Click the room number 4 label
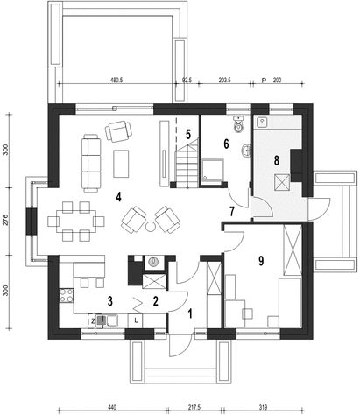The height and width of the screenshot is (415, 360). pos(118,197)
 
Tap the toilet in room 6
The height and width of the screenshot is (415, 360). pos(239,124)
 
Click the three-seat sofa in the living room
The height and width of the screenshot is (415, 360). pos(91,163)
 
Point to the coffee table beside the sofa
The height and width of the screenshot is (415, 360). pos(121,164)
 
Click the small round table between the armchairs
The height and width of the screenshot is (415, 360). pos(151,227)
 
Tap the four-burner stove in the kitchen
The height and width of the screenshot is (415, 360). pos(66,295)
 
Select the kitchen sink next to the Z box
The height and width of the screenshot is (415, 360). pos(107,320)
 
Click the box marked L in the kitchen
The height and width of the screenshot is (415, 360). pos(136,320)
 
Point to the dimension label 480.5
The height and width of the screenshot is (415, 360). pos(116,80)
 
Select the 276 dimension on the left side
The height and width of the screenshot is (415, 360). pos(6,221)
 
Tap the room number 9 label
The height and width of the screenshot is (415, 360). pos(261,261)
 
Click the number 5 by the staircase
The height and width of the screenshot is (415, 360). pos(188,134)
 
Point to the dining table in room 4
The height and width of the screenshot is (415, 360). pos(76,222)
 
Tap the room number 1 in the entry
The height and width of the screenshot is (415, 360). pos(190,313)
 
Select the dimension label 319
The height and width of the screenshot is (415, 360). pos(263,407)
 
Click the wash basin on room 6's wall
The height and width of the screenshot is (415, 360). pos(246,151)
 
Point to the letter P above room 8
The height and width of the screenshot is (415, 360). pos(264,81)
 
